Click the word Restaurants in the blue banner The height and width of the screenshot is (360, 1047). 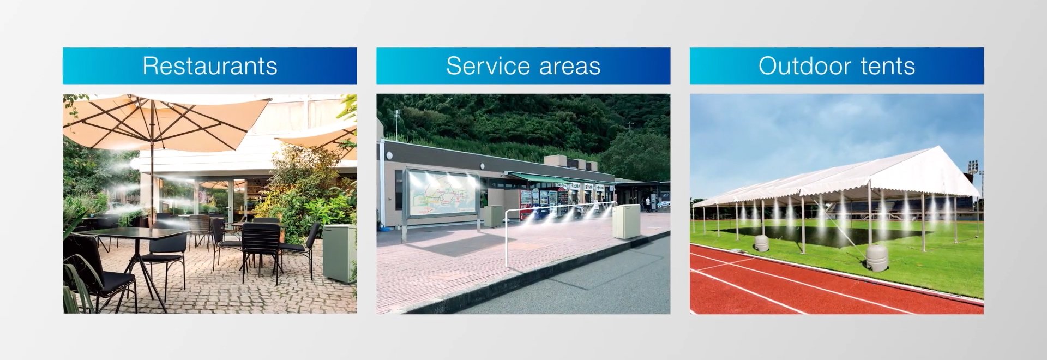(x=210, y=66)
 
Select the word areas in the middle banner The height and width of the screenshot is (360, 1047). (x=567, y=67)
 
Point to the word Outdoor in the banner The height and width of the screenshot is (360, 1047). (x=805, y=66)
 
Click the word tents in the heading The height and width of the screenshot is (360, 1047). (x=888, y=67)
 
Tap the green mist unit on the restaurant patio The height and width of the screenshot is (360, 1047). (x=339, y=254)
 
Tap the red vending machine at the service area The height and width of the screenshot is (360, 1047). (x=526, y=205)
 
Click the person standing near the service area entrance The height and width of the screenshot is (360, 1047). (x=647, y=204)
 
